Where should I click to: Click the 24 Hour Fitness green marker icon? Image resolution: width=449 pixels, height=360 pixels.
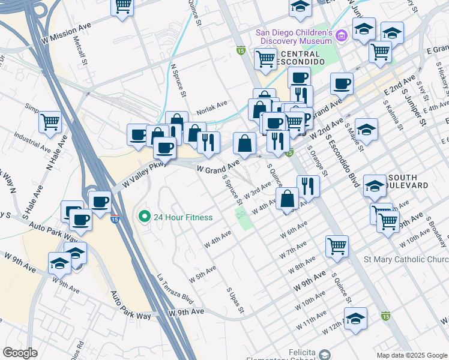point(143,217)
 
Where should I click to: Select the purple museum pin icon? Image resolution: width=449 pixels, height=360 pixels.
point(342,36)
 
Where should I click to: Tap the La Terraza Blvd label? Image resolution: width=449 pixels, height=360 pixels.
point(175,289)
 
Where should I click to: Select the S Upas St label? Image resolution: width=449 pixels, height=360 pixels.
point(235,300)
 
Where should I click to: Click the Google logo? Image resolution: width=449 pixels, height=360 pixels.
point(20,353)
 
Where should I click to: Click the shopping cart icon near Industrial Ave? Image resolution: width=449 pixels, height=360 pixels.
point(50,122)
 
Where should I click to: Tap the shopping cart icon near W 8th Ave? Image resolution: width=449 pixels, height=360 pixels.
point(337,245)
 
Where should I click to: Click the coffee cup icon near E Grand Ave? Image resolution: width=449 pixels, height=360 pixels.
point(342,83)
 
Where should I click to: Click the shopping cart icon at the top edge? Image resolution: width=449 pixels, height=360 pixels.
point(122,6)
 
